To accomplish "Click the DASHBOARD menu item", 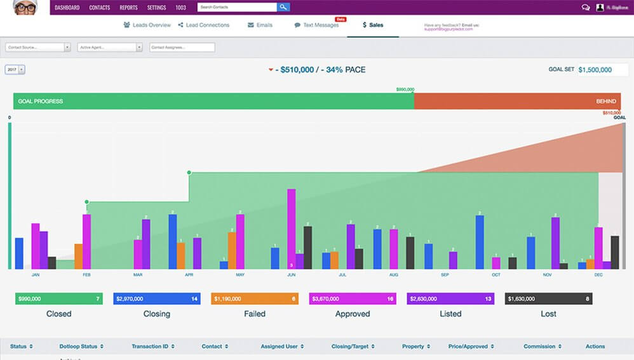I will [x=67, y=8].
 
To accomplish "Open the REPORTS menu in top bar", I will [x=128, y=8].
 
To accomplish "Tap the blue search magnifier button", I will [x=283, y=8].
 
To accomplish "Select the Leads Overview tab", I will [x=147, y=25].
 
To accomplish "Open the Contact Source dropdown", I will [x=37, y=47].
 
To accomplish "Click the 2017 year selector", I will [x=15, y=70].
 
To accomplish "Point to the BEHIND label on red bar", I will [x=605, y=101].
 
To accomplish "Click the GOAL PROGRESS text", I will [x=40, y=101].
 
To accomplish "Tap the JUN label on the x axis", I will [x=291, y=275].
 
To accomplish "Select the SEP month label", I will [x=445, y=275].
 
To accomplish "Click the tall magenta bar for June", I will [x=291, y=229].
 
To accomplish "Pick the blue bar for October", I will [x=480, y=242].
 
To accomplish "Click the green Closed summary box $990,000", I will [x=58, y=298].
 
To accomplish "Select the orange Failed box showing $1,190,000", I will [x=254, y=298].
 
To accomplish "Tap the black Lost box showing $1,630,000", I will [x=548, y=298].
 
